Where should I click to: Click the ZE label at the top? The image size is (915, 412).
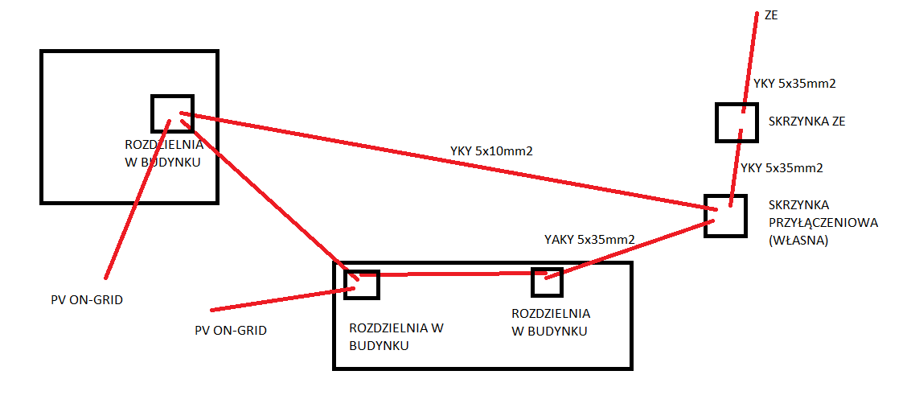[771, 16]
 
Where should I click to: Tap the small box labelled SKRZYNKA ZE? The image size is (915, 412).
[737, 122]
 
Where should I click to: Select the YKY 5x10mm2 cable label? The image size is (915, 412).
[491, 150]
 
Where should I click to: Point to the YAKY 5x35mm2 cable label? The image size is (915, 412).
[589, 239]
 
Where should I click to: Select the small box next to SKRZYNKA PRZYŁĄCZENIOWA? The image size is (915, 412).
[725, 216]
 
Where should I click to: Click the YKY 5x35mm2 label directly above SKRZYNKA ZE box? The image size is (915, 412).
[794, 84]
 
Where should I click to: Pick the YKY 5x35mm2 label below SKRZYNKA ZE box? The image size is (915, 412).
[782, 167]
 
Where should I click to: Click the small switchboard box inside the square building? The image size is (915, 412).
[173, 113]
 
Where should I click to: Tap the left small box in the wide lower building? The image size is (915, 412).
[362, 285]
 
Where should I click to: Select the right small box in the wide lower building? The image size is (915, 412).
[547, 282]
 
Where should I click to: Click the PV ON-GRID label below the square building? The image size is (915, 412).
[87, 300]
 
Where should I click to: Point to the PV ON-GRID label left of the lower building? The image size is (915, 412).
[231, 330]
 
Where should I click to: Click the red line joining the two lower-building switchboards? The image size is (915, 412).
[453, 274]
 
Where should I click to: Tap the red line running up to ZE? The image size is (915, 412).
[750, 61]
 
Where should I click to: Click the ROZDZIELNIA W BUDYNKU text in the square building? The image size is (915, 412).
[163, 153]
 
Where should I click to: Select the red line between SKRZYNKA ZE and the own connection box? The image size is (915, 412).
[735, 167]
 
